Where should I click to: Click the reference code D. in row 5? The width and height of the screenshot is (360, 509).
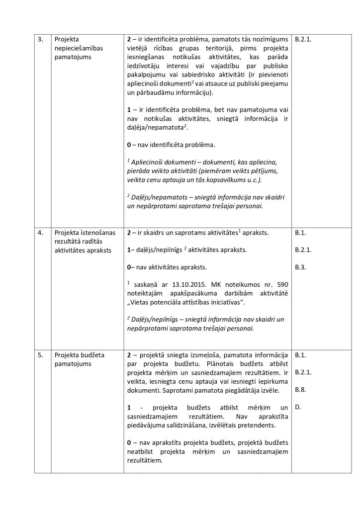point(298,407)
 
